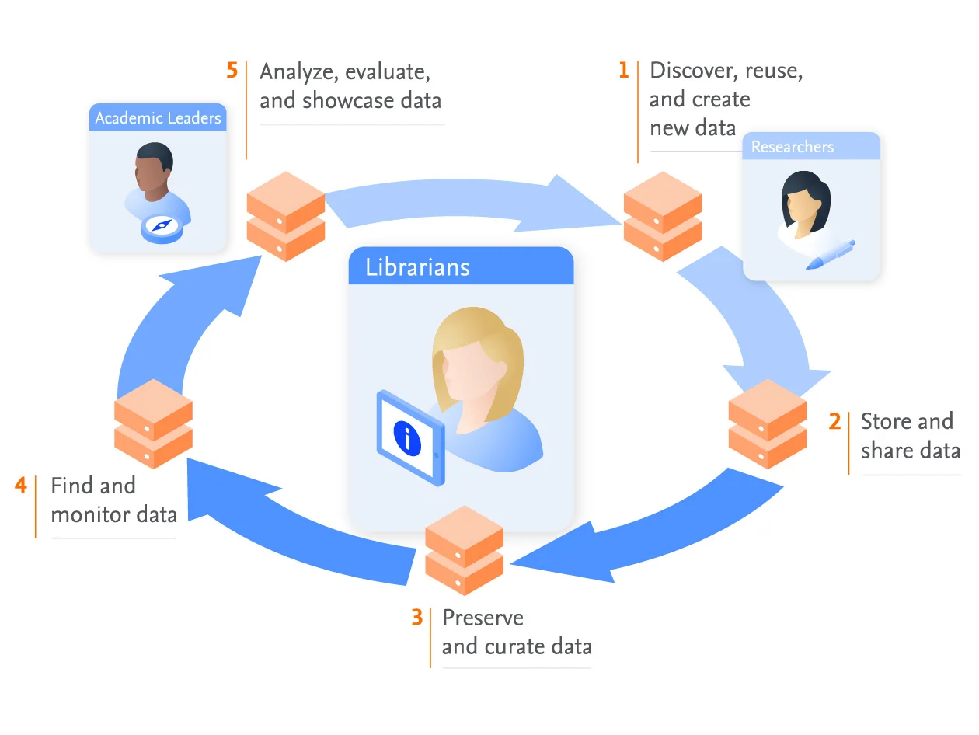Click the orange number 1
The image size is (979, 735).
click(623, 71)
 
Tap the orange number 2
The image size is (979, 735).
click(834, 422)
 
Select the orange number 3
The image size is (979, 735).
click(417, 618)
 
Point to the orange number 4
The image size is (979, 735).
click(21, 486)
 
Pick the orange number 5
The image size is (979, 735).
click(232, 71)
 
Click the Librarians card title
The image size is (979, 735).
click(418, 267)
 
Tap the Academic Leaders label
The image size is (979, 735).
click(158, 118)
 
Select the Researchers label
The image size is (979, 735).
click(793, 147)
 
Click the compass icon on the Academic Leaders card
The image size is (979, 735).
click(161, 226)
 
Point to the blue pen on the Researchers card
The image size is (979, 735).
click(831, 255)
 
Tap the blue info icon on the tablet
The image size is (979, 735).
click(407, 437)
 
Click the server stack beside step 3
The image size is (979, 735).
click(465, 550)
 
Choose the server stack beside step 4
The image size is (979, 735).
click(153, 423)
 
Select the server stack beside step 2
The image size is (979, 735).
click(768, 423)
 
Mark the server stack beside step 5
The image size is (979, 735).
click(285, 216)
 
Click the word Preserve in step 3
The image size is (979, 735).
click(483, 618)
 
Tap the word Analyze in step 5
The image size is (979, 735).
click(298, 72)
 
